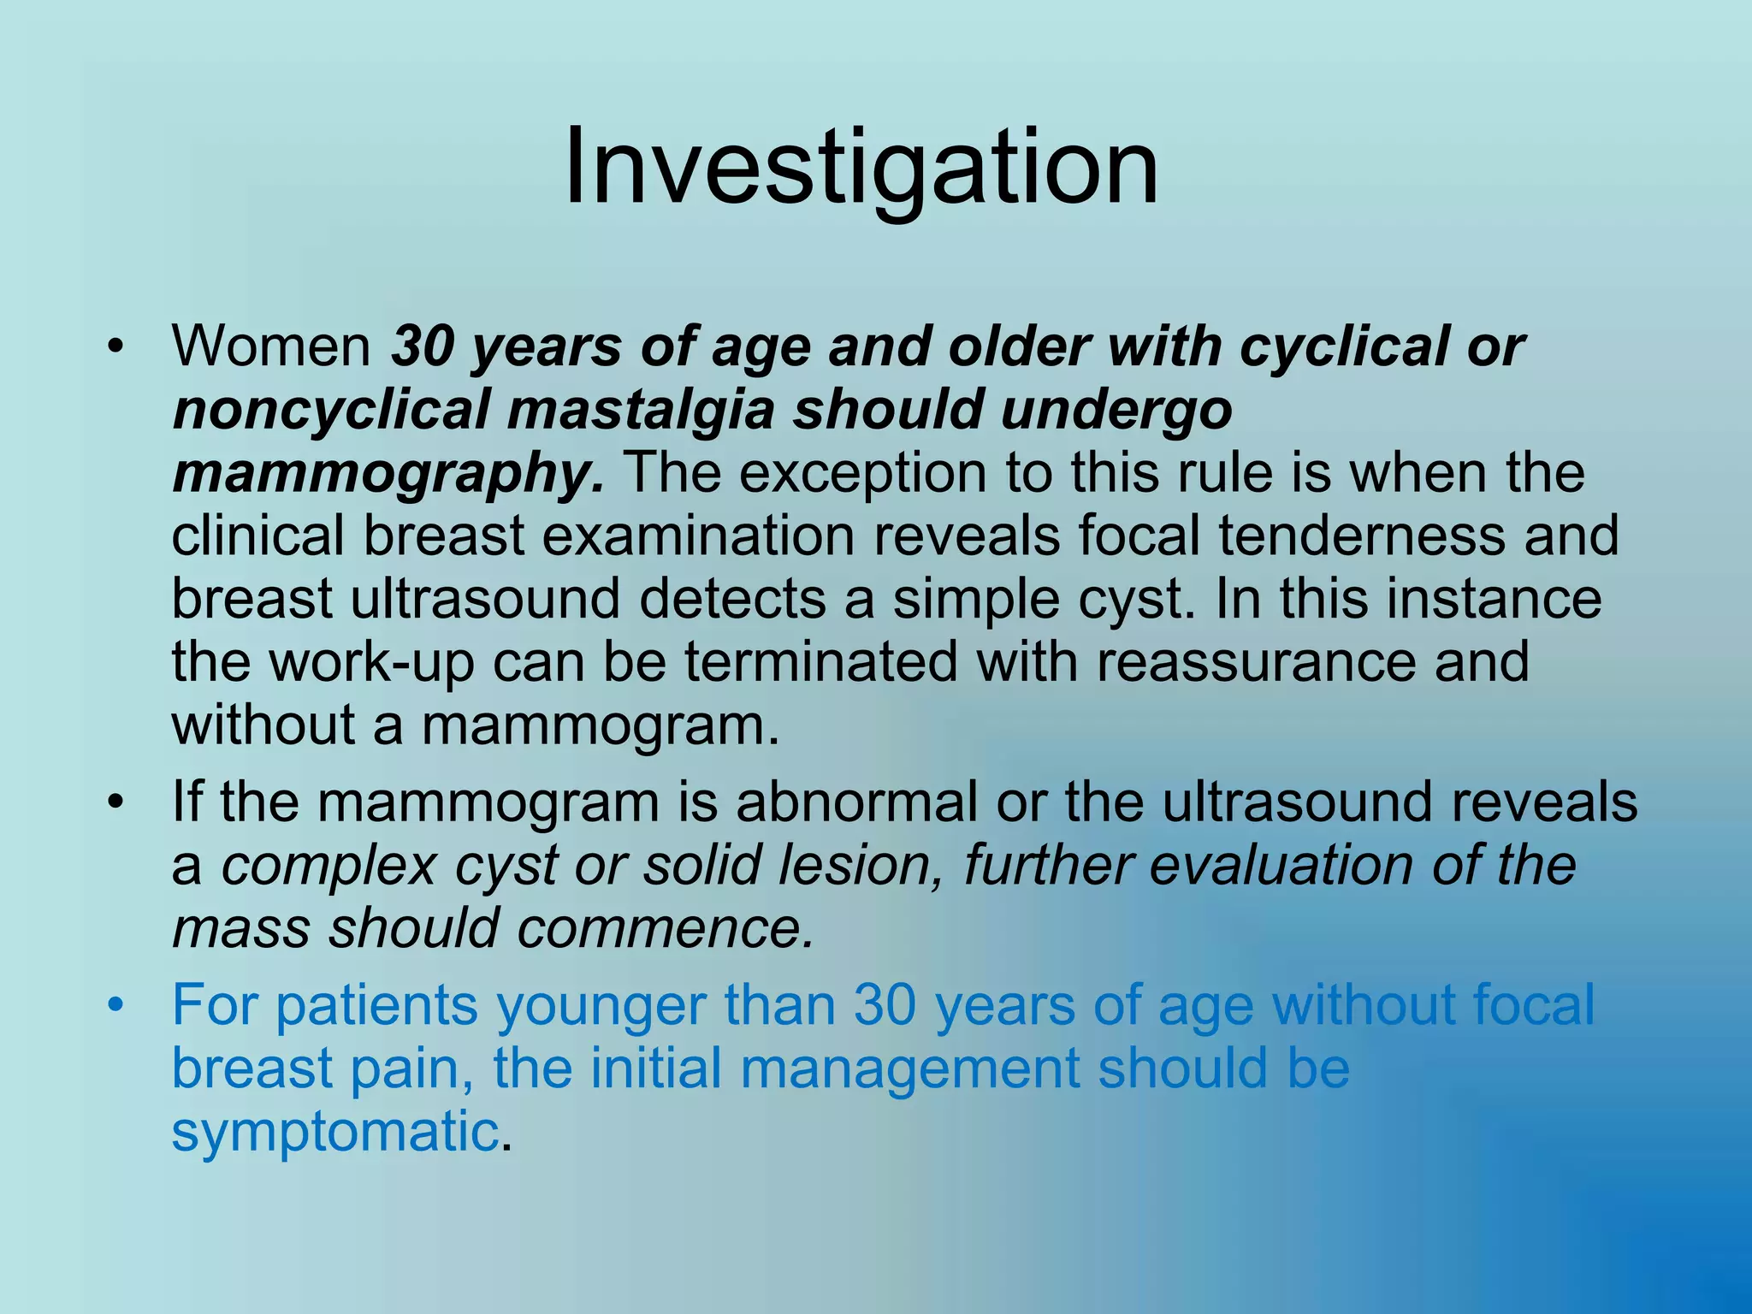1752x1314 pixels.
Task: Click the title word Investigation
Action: [861, 167]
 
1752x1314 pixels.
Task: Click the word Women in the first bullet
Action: [271, 346]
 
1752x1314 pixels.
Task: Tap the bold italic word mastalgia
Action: [641, 410]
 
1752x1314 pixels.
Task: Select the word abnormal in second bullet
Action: [856, 802]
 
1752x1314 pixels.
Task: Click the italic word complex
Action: [329, 866]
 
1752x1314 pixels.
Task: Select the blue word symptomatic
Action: [334, 1132]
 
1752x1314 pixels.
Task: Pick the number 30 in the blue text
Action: [885, 1005]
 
